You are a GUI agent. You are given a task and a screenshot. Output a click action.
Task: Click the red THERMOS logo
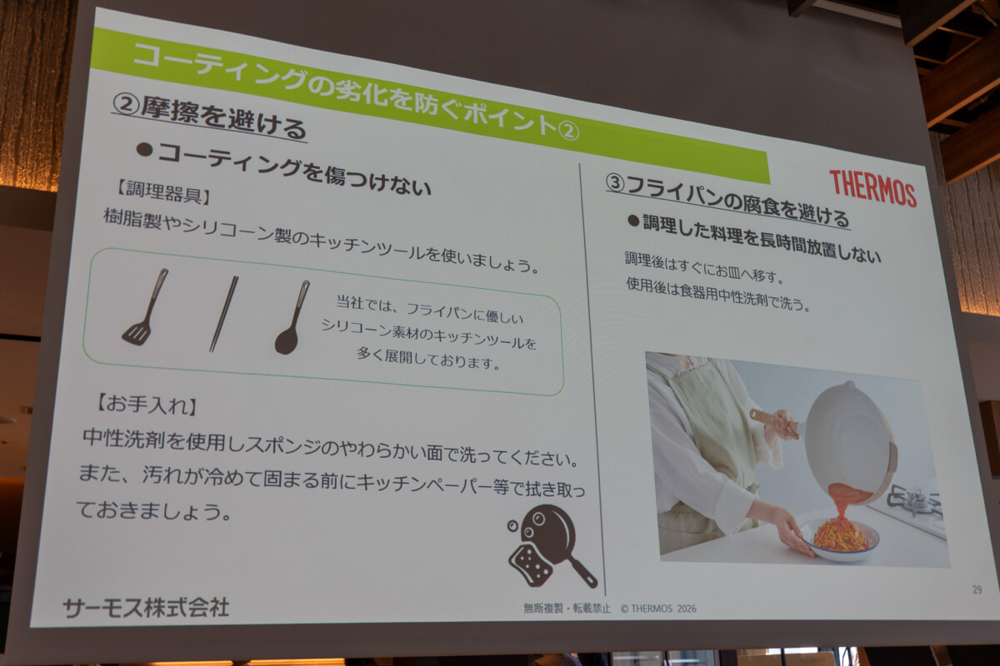tap(873, 189)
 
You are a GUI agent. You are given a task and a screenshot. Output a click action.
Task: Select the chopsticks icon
tap(223, 314)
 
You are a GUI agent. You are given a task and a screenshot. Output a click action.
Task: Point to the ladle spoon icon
tap(292, 318)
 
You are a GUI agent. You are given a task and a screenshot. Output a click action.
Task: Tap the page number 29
tap(977, 589)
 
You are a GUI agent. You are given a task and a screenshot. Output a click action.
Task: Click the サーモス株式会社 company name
tap(146, 607)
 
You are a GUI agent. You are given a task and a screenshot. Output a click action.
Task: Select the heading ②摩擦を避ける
tap(209, 117)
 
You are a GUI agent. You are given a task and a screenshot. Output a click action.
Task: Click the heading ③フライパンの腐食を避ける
tap(727, 201)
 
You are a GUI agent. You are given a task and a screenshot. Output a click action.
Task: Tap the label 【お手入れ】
tap(146, 405)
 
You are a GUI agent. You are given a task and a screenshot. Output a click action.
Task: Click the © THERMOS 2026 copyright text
tap(658, 609)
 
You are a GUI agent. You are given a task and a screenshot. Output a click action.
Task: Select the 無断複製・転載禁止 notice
tap(567, 608)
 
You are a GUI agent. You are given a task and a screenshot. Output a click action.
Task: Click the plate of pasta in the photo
tap(840, 539)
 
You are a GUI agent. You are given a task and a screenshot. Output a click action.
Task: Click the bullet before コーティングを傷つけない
tap(145, 151)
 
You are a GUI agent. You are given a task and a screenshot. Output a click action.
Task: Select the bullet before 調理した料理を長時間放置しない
tap(633, 220)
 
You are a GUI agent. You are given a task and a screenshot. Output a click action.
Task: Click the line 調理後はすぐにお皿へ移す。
tap(704, 266)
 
